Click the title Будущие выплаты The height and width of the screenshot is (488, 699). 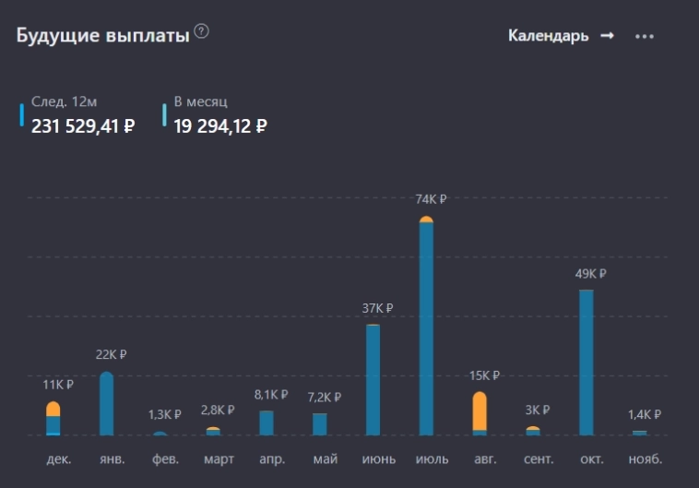point(102,35)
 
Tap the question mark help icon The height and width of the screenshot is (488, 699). point(202,32)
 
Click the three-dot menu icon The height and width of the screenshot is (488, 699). point(645,36)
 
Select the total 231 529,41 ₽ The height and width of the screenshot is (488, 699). point(83,126)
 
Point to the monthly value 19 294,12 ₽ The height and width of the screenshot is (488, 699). point(220,126)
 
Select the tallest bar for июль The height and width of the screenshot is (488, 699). point(426,327)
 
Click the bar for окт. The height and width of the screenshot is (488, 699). point(586,363)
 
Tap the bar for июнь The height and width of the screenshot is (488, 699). point(373,379)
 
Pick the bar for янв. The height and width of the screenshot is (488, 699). point(107,403)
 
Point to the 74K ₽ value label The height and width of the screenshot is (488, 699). point(430,199)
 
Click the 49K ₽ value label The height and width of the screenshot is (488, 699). point(589,274)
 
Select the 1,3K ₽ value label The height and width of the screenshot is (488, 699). point(165,414)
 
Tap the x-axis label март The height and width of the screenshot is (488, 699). point(218,458)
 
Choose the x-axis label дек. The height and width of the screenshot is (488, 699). point(58,458)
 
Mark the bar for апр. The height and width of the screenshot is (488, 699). point(267,423)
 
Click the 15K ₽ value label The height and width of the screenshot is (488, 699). point(484,375)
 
